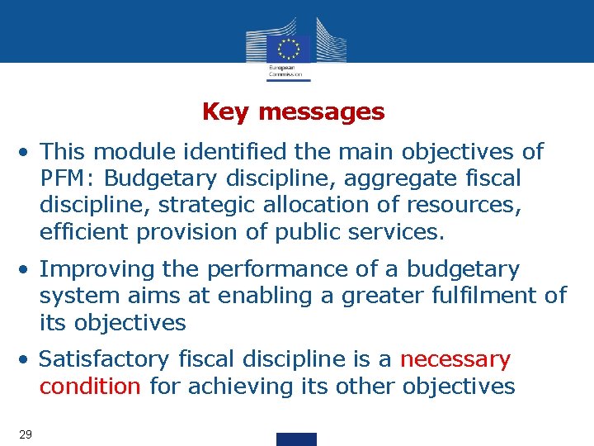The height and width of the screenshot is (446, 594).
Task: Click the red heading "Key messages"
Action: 293,111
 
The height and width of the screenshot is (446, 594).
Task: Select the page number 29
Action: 25,434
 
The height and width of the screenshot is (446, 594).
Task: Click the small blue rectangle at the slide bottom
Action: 296,439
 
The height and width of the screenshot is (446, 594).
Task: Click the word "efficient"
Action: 85,232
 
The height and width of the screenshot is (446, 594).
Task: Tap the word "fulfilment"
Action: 469,296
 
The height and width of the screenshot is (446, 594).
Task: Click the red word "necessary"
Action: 455,360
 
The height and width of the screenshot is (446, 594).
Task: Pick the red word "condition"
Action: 90,387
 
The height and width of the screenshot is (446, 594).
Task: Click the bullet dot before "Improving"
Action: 27,270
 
